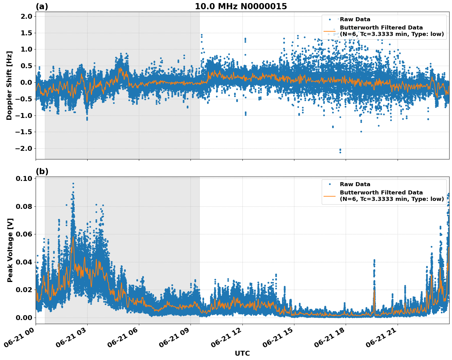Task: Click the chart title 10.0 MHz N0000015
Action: (241, 6)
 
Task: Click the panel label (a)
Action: (42, 6)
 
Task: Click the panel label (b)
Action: (42, 171)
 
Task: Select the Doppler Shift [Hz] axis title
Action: (9, 85)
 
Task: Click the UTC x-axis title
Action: (242, 354)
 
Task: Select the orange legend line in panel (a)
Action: (329, 31)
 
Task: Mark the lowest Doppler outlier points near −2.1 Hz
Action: (340, 151)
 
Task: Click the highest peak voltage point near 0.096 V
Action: (73, 184)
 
